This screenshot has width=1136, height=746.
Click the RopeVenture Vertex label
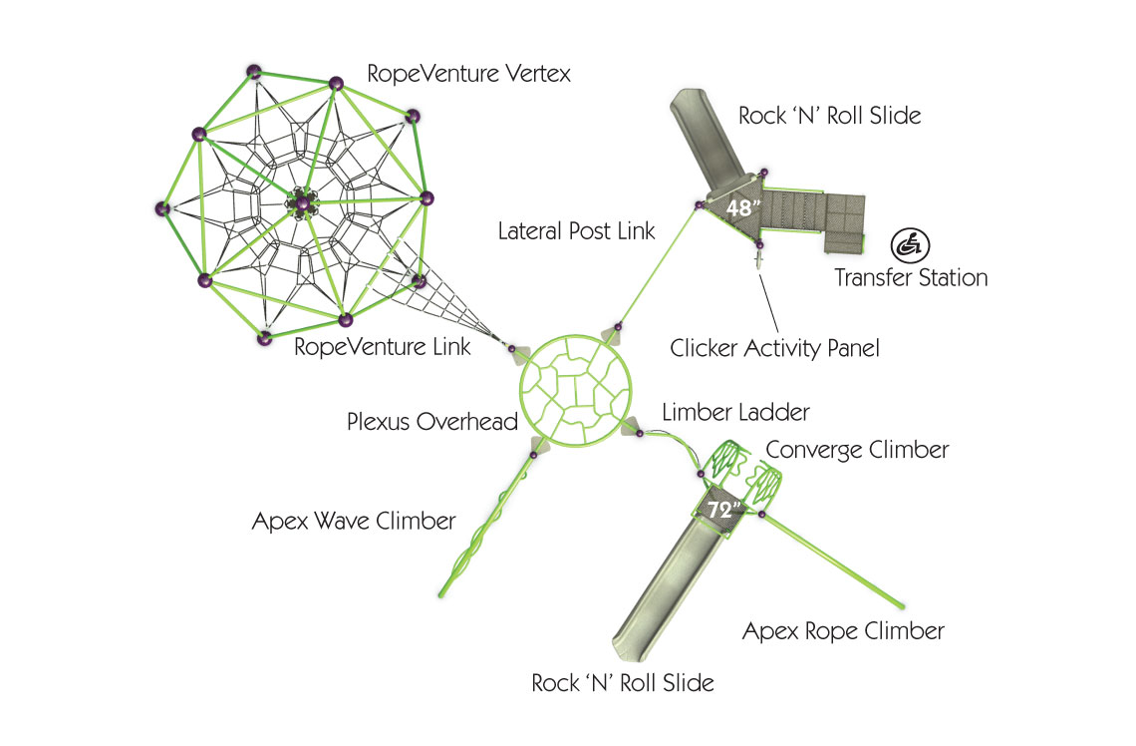pyautogui.click(x=468, y=74)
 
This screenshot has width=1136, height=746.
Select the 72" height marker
pyautogui.click(x=724, y=509)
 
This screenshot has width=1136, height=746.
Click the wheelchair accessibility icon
pyautogui.click(x=906, y=243)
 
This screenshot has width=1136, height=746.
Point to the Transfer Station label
pyautogui.click(x=911, y=277)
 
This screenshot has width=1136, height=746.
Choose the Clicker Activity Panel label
pyautogui.click(x=774, y=348)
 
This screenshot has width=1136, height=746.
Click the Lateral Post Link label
pyautogui.click(x=577, y=231)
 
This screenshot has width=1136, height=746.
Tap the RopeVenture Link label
pyautogui.click(x=383, y=348)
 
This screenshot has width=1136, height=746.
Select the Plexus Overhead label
pyautogui.click(x=432, y=422)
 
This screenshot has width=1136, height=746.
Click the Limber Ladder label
pyautogui.click(x=735, y=411)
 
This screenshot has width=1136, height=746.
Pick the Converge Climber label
pyautogui.click(x=857, y=450)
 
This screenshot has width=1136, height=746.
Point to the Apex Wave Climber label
pyautogui.click(x=354, y=521)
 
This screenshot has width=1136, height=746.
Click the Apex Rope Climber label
pyautogui.click(x=843, y=630)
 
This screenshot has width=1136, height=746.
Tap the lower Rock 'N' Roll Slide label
pyautogui.click(x=623, y=683)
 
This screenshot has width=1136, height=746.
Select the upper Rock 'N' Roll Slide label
pyautogui.click(x=829, y=116)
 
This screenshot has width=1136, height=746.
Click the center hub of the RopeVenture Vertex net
pyautogui.click(x=302, y=203)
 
